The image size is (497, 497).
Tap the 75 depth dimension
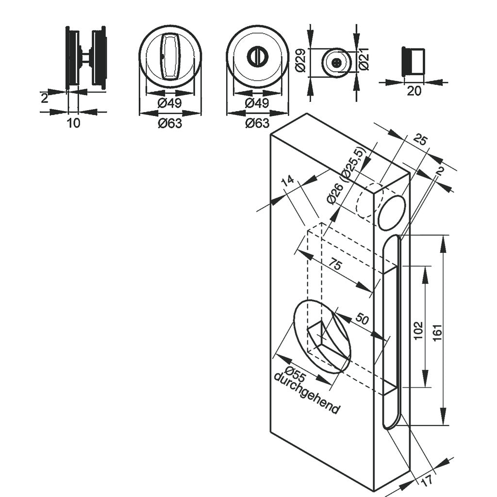coord(335,265)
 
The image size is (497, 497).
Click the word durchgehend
coord(306,394)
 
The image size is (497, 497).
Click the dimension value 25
coord(420,141)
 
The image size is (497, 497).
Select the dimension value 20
coord(414,91)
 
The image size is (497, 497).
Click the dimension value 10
coord(73,123)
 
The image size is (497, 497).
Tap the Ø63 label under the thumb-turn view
coord(170,123)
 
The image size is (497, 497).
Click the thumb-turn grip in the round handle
coord(170,57)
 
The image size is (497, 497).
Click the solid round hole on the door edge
coord(392,213)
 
